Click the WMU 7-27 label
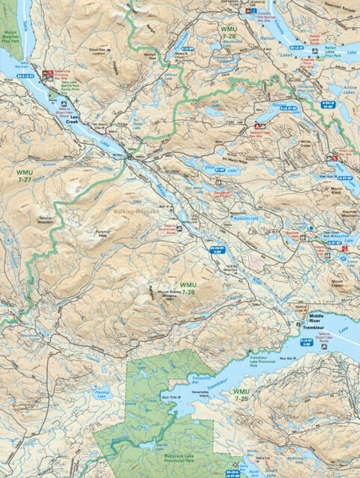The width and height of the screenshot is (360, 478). click(23, 176)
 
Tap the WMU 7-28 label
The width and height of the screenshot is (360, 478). click(229, 32)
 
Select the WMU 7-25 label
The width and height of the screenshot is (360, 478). click(241, 395)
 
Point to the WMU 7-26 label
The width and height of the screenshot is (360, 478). click(188, 288)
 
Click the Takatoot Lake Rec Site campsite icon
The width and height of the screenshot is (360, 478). click(258, 126)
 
